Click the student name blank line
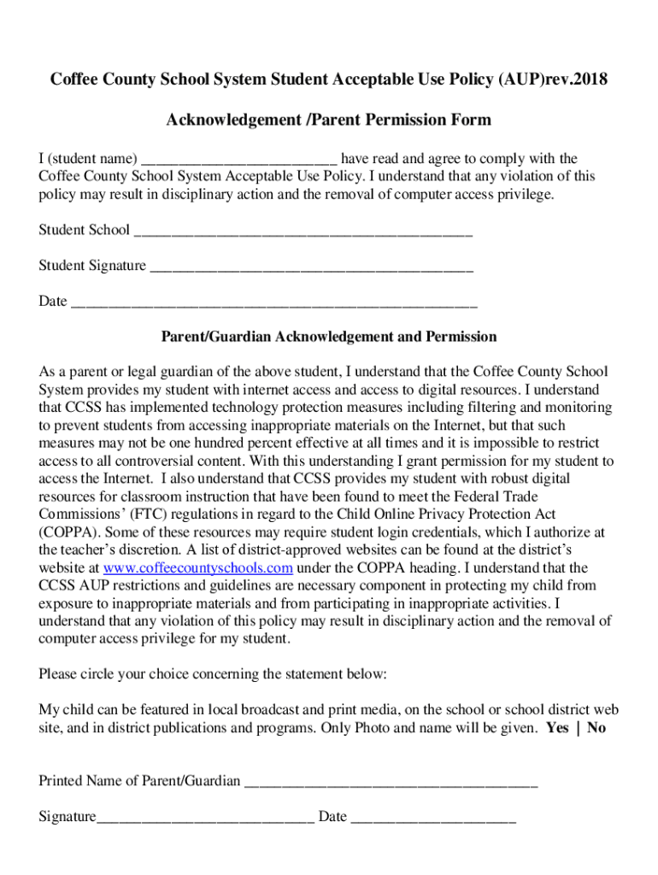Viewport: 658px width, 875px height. point(240,160)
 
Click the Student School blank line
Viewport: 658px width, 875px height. point(303,231)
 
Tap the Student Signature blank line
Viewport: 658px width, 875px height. point(311,267)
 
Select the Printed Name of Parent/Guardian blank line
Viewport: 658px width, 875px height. point(391,782)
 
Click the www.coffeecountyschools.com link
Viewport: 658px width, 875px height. point(197,568)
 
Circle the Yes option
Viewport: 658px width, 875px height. point(557,729)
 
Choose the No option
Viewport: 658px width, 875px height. point(596,729)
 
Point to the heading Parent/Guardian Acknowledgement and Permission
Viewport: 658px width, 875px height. point(329,337)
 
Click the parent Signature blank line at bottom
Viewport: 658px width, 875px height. point(205,818)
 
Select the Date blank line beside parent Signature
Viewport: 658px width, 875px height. point(433,818)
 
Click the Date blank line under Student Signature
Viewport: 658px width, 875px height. point(273,302)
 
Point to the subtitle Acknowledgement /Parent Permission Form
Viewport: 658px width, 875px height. point(329,120)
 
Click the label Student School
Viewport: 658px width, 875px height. point(84,230)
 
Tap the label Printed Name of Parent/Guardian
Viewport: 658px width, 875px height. point(139,781)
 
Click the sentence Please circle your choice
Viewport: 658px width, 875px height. point(213,674)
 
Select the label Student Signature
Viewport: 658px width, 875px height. point(92,266)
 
